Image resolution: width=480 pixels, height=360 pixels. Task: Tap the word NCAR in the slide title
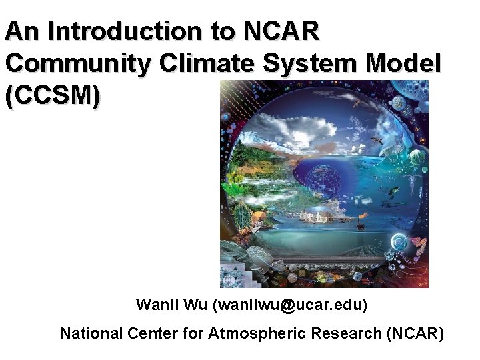pyautogui.click(x=282, y=31)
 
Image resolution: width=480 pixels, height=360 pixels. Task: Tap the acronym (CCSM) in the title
pyautogui.click(x=53, y=95)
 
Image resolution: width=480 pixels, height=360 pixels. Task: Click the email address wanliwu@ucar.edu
pyautogui.click(x=290, y=305)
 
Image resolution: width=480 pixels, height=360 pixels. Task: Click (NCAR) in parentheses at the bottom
pyautogui.click(x=415, y=333)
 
